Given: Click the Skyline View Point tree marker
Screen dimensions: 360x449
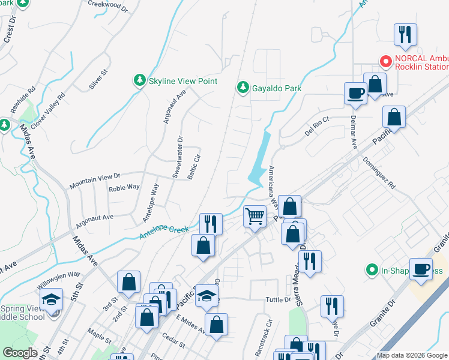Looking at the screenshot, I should [139, 80].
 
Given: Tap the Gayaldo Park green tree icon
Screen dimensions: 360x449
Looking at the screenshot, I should [243, 88].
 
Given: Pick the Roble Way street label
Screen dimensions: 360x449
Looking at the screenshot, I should [124, 188].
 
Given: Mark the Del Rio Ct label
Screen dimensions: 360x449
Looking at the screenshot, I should [317, 127].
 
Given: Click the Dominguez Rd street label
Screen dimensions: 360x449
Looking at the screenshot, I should [379, 173].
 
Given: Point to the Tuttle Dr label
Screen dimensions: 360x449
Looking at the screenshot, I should [279, 299].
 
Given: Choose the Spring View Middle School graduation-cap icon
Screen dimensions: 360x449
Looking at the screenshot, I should [52, 299].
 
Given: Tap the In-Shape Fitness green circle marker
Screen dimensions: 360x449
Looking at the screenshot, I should [372, 271].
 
